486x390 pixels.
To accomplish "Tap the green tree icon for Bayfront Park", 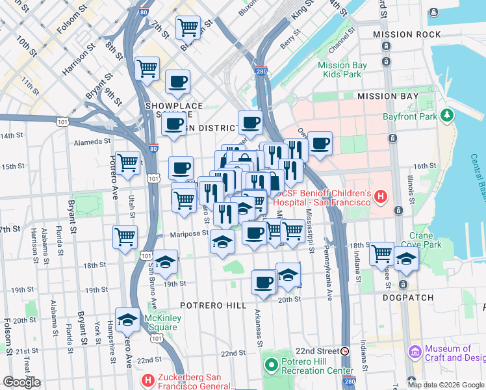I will [446, 115].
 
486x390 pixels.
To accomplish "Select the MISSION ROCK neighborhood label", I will [398, 34].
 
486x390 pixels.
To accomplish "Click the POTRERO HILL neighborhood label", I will [213, 305].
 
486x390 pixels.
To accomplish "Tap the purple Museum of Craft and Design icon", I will [413, 353].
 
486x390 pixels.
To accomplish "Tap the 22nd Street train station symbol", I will [345, 350].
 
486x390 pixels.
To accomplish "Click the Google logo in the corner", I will [22, 382].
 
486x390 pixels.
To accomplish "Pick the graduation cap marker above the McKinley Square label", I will [128, 319].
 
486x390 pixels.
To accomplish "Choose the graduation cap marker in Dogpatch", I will [406, 258].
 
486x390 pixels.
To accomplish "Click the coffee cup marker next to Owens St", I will [319, 144].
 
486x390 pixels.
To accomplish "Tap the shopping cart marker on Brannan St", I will [188, 27].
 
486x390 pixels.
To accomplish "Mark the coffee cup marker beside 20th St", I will [264, 282].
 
